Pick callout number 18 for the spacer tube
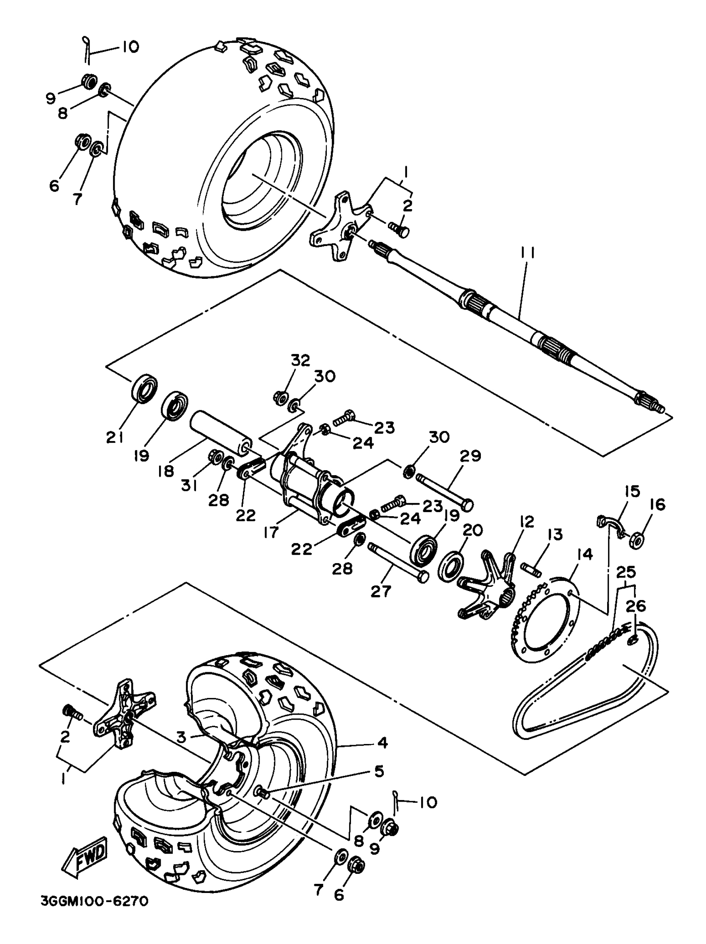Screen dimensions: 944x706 click(x=166, y=471)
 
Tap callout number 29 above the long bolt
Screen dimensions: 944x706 click(x=470, y=456)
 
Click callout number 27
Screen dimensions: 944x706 click(x=380, y=591)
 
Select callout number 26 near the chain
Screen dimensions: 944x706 click(x=636, y=606)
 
